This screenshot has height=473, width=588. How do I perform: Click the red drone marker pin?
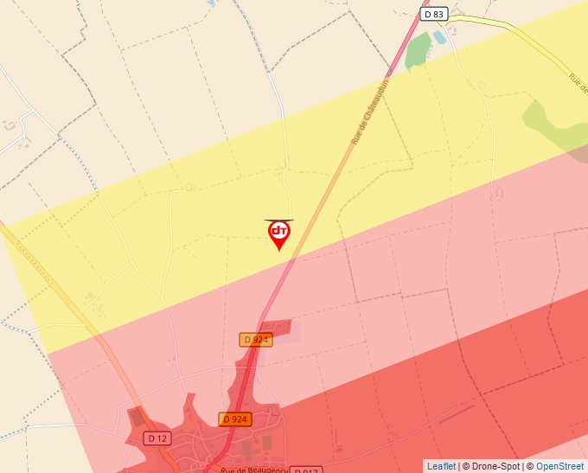point(278,234)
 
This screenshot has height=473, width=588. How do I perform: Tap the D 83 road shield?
point(433,14)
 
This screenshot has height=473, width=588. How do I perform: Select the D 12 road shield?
point(157,438)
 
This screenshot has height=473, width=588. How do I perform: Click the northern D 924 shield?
point(256,340)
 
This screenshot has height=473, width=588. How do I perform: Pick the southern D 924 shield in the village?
point(234,419)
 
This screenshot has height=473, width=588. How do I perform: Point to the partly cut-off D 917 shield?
point(305,470)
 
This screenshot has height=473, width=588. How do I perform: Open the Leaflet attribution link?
point(441,466)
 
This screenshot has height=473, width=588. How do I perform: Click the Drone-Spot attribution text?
point(496,466)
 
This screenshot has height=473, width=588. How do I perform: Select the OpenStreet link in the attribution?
point(559,466)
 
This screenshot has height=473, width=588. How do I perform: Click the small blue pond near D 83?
point(439,37)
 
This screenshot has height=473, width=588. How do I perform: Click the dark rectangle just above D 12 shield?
point(137,417)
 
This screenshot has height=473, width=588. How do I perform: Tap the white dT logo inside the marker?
point(278,230)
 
